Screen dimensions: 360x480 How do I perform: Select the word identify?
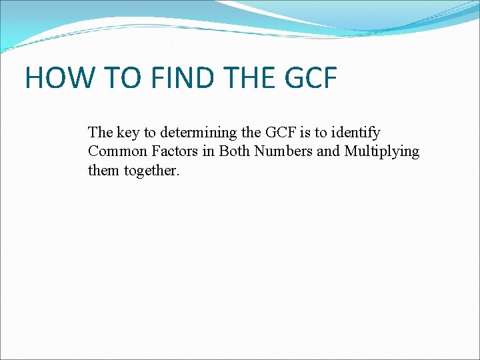point(355,133)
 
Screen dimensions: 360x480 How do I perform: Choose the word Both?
point(235,151)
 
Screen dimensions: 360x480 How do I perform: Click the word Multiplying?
point(381,151)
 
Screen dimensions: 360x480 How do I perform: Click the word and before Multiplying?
point(328,151)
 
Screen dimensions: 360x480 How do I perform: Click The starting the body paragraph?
point(101,133)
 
